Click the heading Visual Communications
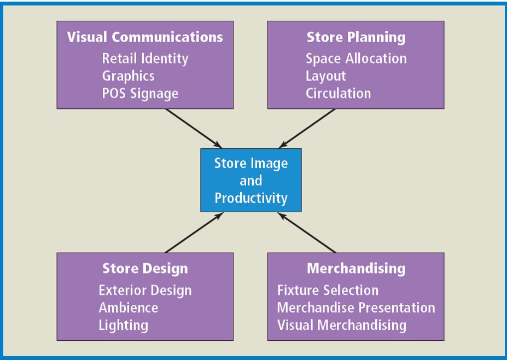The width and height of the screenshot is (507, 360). coord(145,37)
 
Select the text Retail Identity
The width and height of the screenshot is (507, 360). coord(145,59)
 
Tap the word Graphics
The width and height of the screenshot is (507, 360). coord(128,76)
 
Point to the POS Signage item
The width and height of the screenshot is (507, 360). coord(140,94)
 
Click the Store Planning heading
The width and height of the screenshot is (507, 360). coord(356,37)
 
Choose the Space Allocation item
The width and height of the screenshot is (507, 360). coord(356,59)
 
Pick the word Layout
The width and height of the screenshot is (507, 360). coord(326,76)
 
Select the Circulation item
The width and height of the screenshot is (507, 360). coord(338,94)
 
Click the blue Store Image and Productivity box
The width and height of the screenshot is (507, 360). coord(250,181)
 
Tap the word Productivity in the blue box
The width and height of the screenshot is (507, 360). coord(250,198)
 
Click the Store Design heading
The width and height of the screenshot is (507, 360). coord(145,269)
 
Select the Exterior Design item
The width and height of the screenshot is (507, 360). coord(145,290)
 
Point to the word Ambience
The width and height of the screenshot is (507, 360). coord(129,307)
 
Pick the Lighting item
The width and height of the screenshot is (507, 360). coord(123,325)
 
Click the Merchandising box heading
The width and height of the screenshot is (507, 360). coord(356,269)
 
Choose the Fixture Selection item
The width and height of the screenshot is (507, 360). coord(328,290)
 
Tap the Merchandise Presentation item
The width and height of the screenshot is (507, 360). coord(356,307)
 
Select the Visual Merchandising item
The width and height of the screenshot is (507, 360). coord(342,325)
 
